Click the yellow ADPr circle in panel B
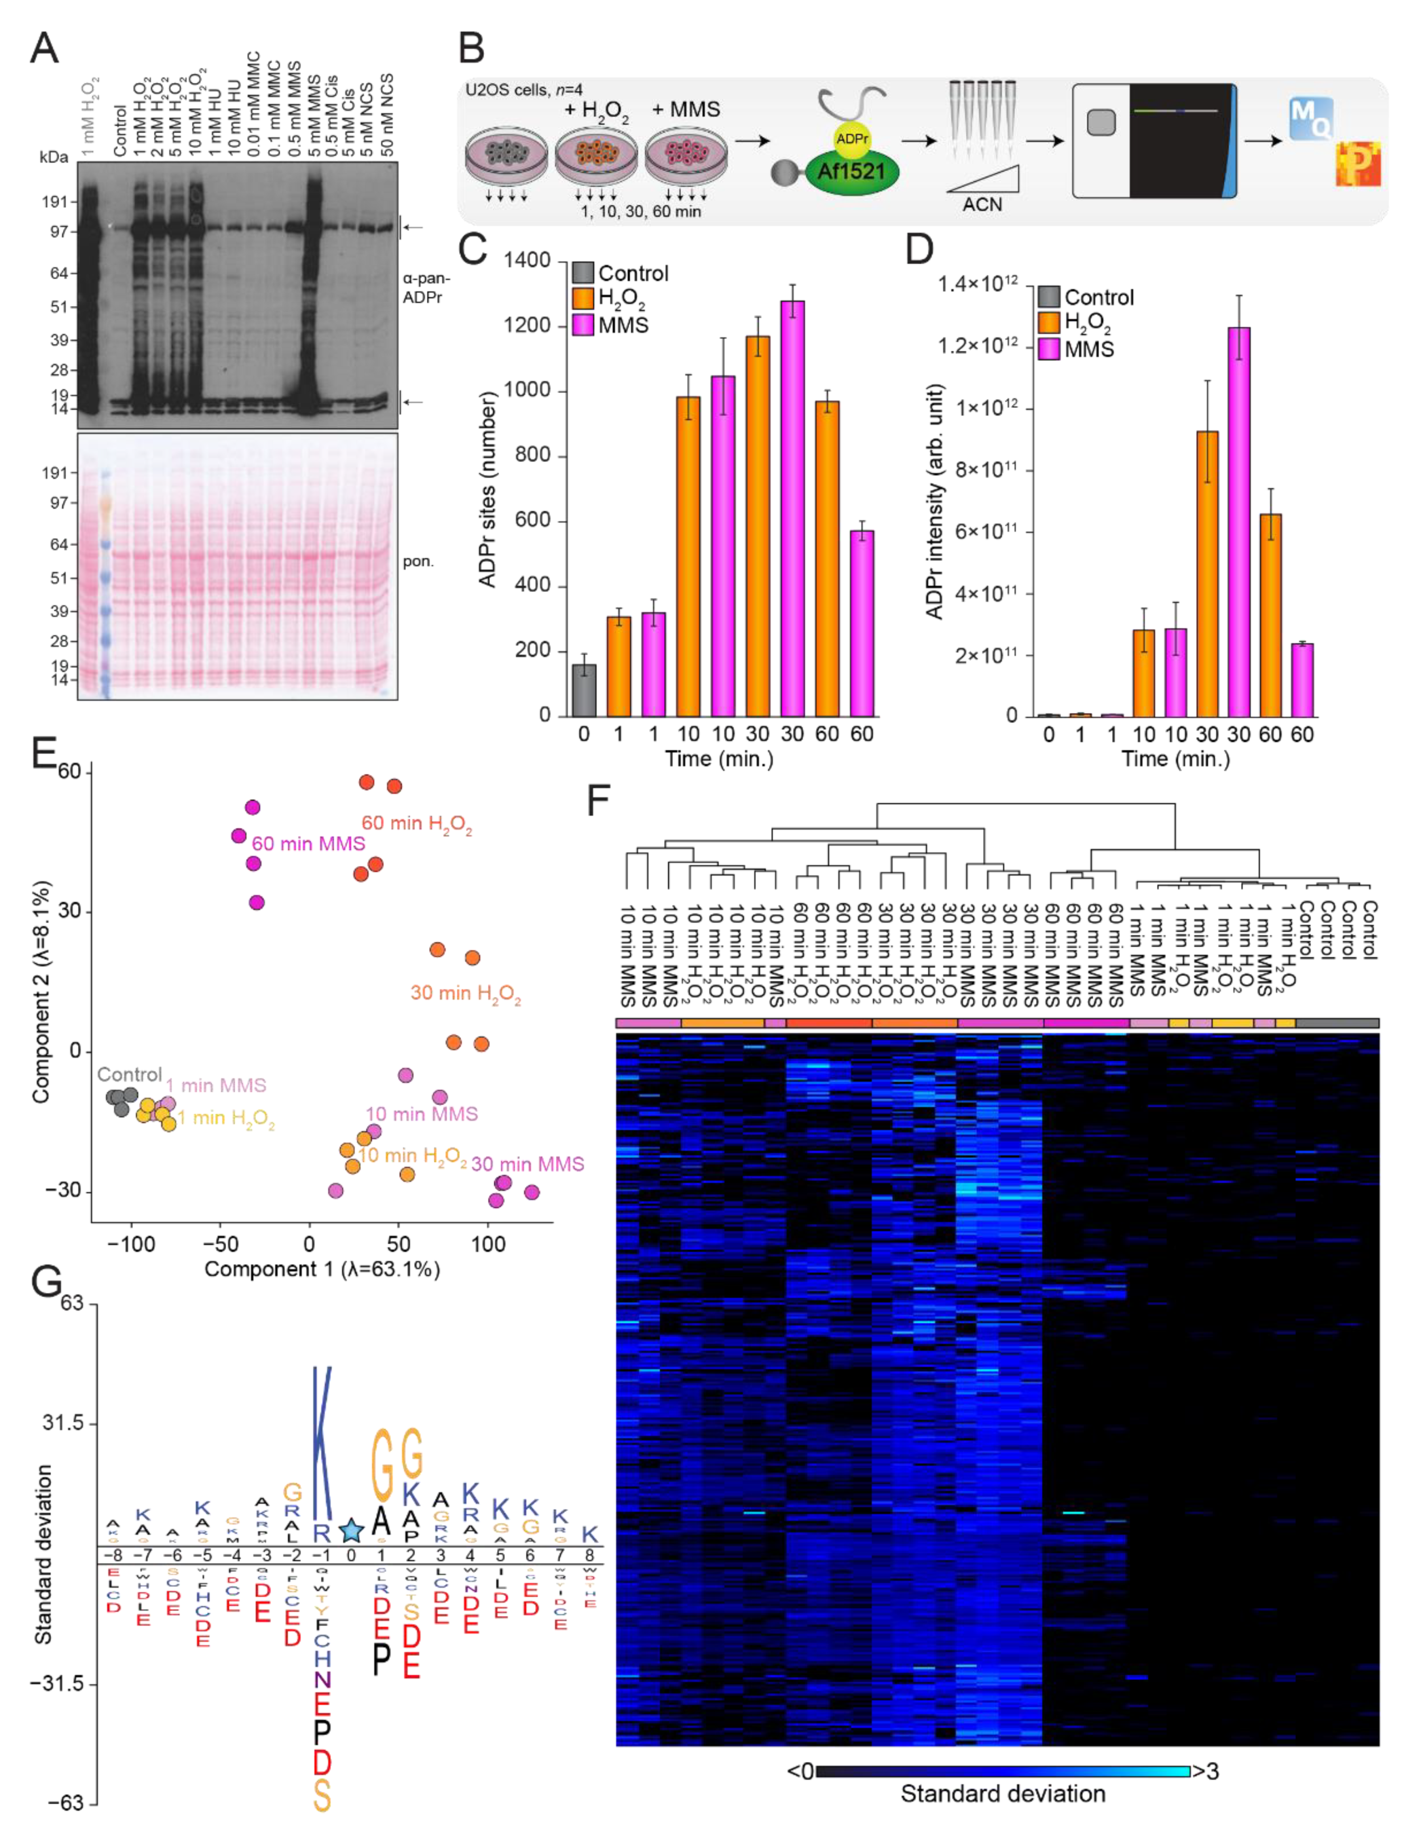(x=852, y=139)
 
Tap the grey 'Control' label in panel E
(x=129, y=1075)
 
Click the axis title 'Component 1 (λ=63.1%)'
(x=322, y=1268)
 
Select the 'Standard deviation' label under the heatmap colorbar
(x=1002, y=1794)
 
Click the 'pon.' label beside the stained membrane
(x=417, y=561)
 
